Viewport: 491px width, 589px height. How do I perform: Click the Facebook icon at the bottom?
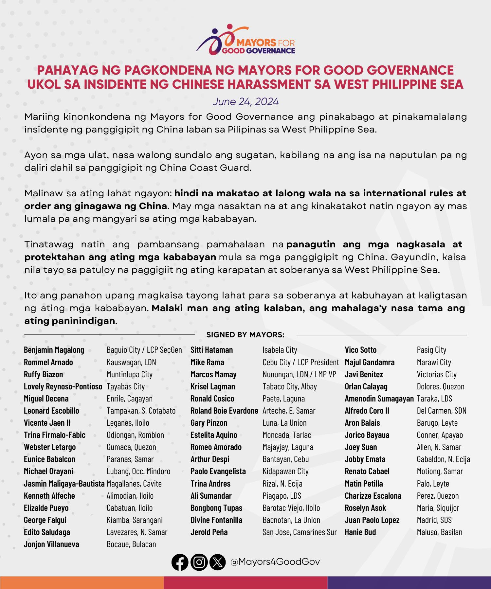tap(180, 562)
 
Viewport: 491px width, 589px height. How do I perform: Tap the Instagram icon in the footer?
tap(199, 562)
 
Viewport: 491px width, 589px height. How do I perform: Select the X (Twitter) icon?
tap(218, 562)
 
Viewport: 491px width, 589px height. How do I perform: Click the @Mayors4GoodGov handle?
tap(275, 562)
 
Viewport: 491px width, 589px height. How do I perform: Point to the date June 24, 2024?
tap(245, 101)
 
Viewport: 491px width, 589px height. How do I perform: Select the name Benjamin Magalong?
tap(54, 350)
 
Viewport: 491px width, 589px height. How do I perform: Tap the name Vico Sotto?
tap(360, 350)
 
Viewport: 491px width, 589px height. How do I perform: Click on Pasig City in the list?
tap(431, 350)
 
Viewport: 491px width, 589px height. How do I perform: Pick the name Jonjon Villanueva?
tap(51, 544)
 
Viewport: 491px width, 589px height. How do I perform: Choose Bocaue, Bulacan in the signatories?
tap(131, 544)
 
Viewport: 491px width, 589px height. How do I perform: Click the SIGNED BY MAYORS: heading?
tap(245, 335)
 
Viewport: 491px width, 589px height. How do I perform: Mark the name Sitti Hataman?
tap(211, 350)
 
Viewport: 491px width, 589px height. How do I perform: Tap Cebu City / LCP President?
tap(300, 362)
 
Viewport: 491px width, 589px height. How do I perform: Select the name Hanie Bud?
tap(360, 532)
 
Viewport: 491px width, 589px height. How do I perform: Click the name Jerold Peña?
tap(209, 532)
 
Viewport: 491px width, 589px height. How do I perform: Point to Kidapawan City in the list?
tap(285, 471)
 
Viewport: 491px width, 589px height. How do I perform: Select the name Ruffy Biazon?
tap(43, 374)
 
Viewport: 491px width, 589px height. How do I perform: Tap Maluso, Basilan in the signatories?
tap(439, 532)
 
